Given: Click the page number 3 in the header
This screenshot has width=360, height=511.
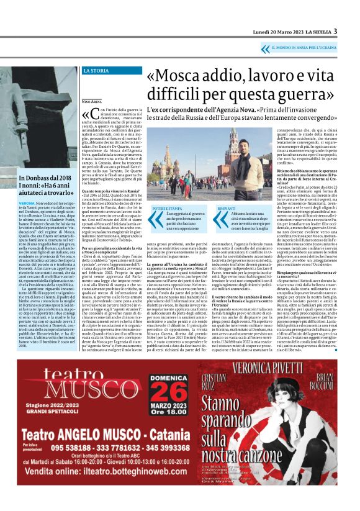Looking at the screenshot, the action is (x=335, y=31).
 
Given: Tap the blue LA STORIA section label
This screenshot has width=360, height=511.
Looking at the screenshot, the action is (x=96, y=71).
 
